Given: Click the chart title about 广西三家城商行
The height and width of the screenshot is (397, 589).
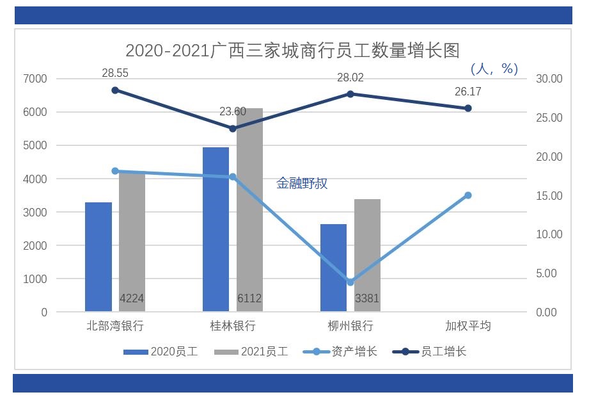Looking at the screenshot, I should [x=292, y=50].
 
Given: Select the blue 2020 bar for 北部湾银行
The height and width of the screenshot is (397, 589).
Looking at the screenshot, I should [x=98, y=257].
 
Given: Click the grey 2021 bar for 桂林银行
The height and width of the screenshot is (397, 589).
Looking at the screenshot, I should [x=249, y=205].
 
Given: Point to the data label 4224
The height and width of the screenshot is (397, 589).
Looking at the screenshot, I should [x=132, y=298].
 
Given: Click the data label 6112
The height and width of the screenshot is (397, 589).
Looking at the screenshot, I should [x=249, y=298].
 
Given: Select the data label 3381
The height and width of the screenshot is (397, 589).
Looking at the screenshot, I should [x=367, y=298].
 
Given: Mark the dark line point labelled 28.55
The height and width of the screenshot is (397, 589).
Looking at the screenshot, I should [x=115, y=90].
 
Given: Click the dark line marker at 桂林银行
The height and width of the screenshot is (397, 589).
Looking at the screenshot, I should [x=233, y=129].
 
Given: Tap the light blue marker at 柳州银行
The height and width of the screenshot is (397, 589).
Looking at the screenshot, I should [x=350, y=282].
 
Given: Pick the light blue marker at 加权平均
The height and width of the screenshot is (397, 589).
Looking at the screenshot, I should [x=467, y=195].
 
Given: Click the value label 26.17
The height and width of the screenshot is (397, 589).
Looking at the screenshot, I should [x=467, y=92].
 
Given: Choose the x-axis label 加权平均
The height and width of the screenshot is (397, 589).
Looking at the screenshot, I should [x=467, y=326].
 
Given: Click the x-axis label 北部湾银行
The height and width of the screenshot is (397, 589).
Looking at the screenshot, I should [x=115, y=326].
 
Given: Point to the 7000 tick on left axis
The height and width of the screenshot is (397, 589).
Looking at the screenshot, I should [x=36, y=79].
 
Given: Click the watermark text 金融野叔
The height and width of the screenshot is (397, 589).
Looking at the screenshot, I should [x=302, y=184].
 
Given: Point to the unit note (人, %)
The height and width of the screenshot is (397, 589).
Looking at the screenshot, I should [x=494, y=69].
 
